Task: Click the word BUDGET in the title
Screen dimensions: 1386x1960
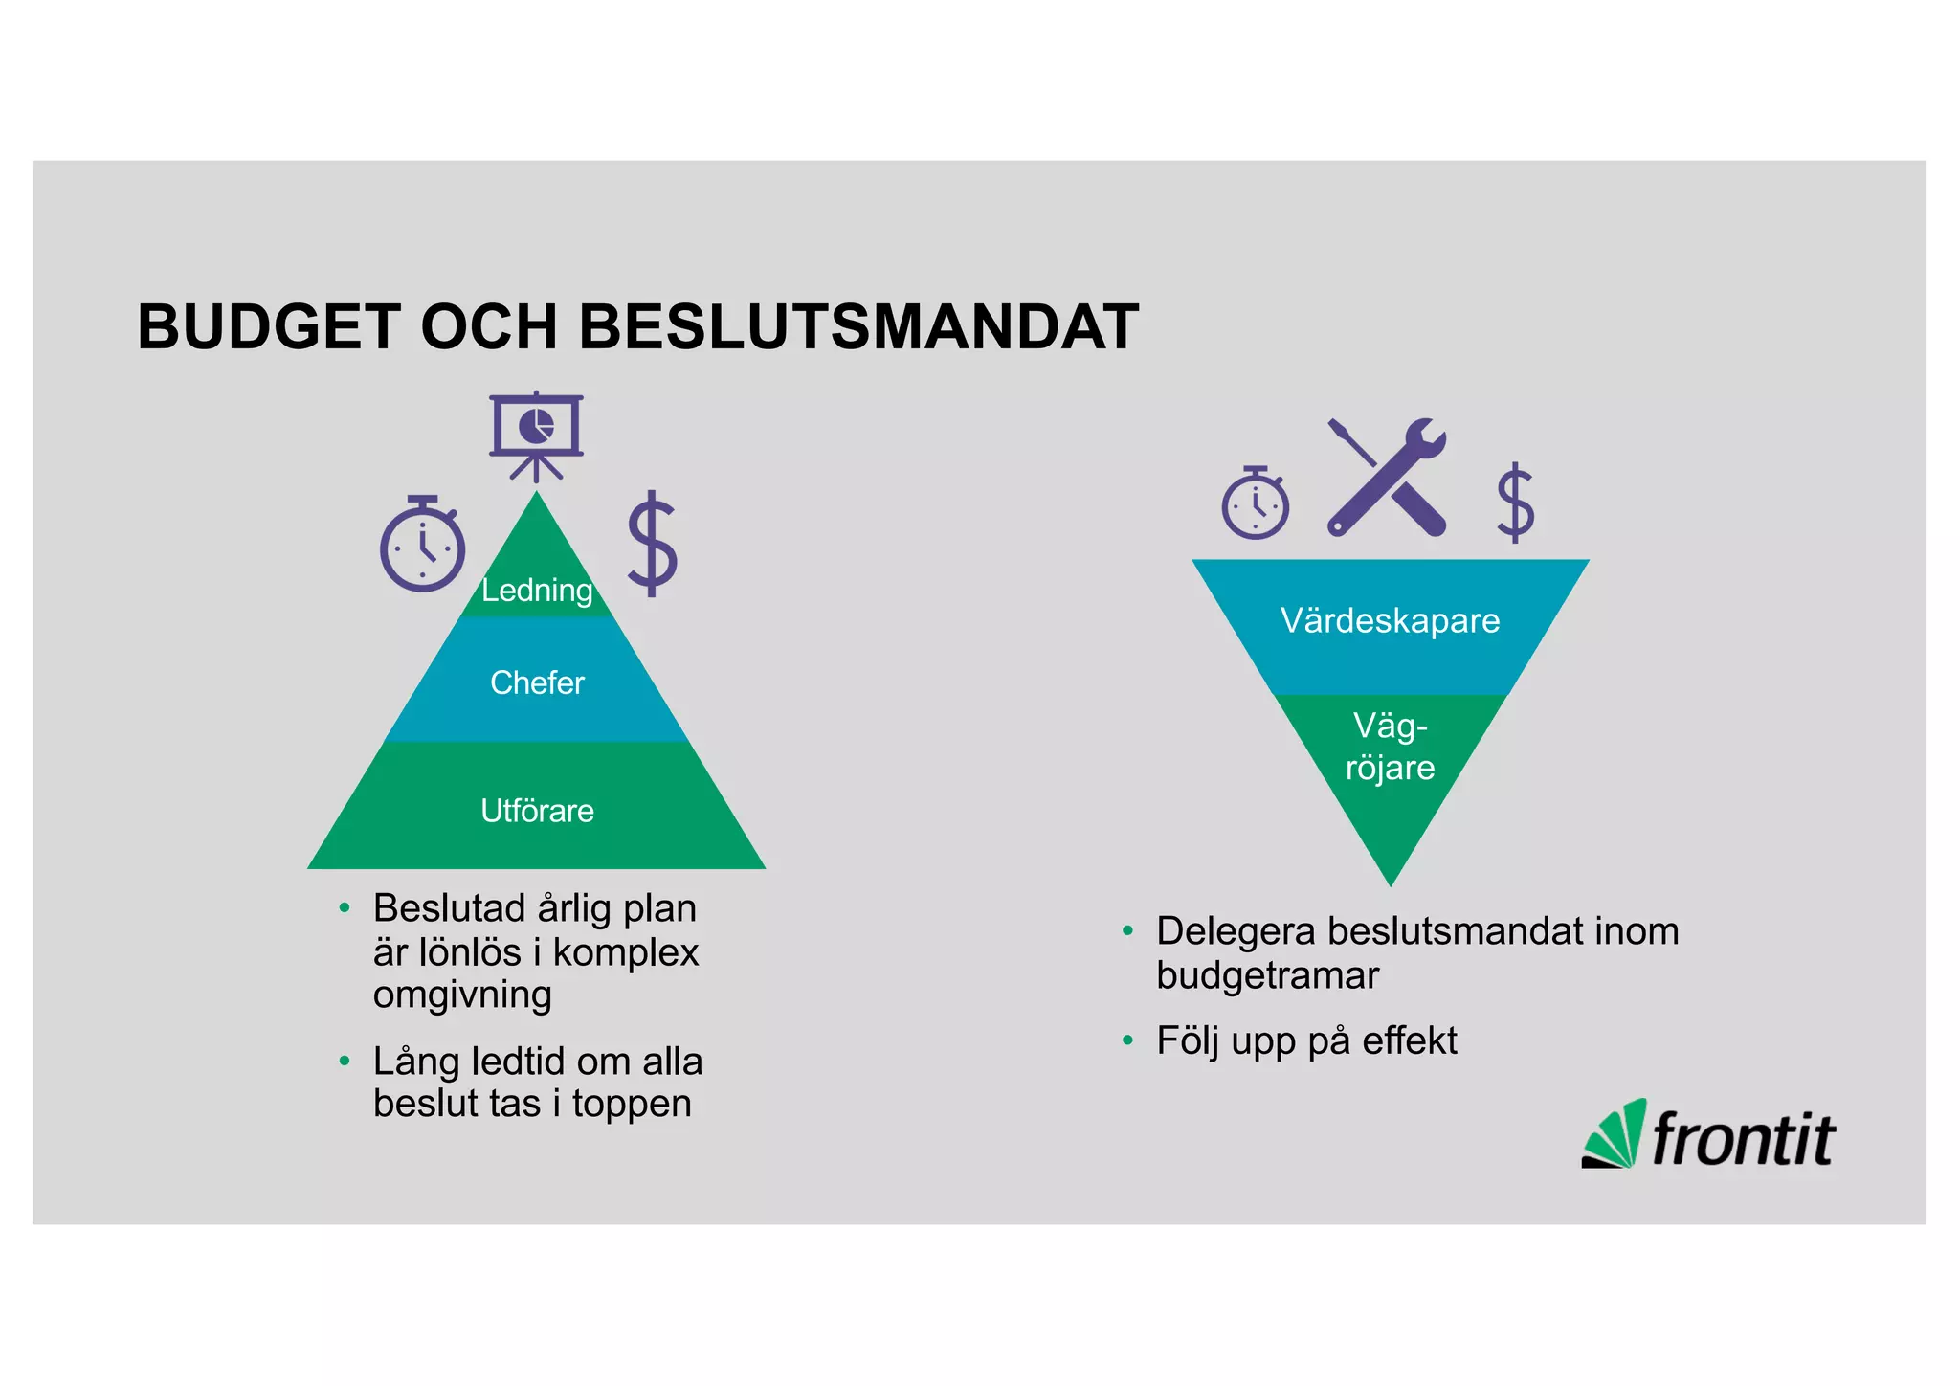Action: [x=269, y=327]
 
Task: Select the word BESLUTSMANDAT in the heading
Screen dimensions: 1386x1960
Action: [x=858, y=327]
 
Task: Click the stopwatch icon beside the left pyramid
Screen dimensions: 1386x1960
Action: [x=422, y=544]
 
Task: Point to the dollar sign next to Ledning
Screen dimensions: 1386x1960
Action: [x=653, y=544]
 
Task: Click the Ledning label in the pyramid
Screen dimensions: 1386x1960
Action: [x=537, y=590]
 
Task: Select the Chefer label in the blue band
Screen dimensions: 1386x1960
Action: [x=537, y=682]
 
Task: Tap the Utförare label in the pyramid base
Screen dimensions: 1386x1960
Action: [x=537, y=811]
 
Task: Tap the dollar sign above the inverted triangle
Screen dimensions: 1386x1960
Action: [x=1515, y=503]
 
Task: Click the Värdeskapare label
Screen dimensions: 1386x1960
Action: [x=1390, y=620]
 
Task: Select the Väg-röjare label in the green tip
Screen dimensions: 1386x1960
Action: [x=1390, y=747]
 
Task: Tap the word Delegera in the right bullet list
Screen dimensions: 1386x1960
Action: [x=1235, y=931]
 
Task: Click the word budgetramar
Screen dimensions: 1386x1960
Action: [x=1267, y=975]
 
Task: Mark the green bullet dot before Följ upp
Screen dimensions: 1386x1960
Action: [x=1127, y=1039]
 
